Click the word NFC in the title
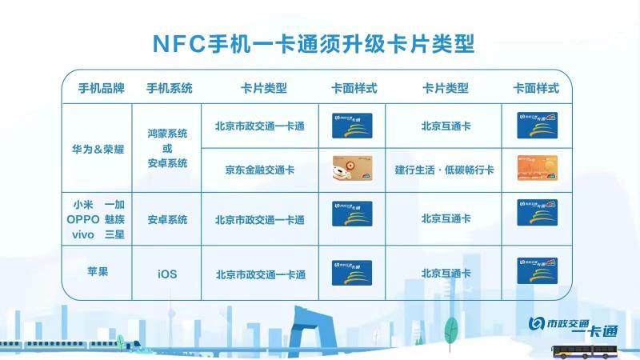178,44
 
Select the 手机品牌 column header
102,88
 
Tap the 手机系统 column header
170,88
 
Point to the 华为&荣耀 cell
98,150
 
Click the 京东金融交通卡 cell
259,170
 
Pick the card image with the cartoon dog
352,168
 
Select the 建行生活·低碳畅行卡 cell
445,170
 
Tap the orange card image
537,168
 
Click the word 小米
83,205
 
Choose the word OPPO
83,219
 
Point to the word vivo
83,234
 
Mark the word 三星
114,234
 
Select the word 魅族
114,219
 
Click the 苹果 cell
98,272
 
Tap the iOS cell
167,274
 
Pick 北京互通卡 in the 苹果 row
446,274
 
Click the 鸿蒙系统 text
167,134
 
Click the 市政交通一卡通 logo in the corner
574,327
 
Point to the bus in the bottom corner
585,352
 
